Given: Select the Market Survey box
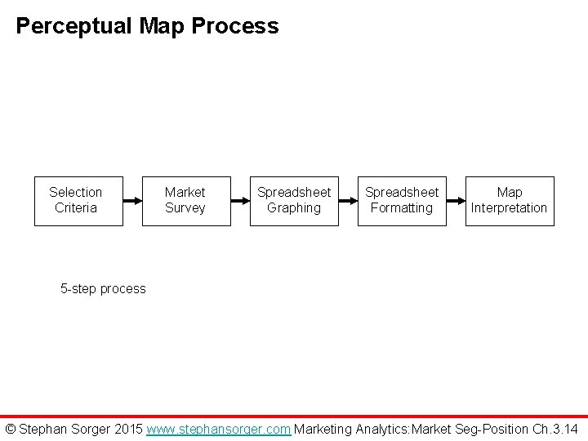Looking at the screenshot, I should (x=185, y=200).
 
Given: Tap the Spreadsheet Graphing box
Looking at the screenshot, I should (x=294, y=200).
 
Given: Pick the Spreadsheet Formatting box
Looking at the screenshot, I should (x=401, y=200).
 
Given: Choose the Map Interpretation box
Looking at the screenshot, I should (x=510, y=200).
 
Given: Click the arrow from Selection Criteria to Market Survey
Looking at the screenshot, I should (x=133, y=200).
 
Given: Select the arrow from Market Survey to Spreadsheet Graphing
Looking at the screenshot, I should (x=242, y=200).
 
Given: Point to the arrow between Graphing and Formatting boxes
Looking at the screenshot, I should (x=348, y=200).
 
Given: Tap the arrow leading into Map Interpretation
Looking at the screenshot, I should (x=456, y=200).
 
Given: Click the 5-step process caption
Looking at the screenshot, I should (x=104, y=288).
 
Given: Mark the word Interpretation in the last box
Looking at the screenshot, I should (x=510, y=208).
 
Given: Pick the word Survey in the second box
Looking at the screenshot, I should (x=185, y=208).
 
